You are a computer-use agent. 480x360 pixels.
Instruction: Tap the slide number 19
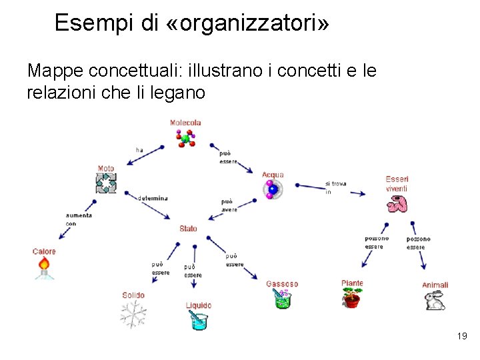click(462, 337)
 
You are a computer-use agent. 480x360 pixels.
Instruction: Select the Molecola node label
click(185, 123)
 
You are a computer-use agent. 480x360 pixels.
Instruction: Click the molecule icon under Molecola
click(185, 137)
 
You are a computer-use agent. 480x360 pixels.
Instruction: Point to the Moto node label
click(105, 169)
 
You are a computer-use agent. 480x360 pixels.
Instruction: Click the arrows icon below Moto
click(106, 183)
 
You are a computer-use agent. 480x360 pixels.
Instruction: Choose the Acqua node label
click(273, 175)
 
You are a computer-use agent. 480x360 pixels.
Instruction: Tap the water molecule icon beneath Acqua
click(272, 189)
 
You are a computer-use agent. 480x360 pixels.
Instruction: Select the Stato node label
click(188, 229)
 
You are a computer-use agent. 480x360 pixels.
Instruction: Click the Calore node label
click(44, 251)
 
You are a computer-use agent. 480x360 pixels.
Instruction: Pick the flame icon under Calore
click(44, 267)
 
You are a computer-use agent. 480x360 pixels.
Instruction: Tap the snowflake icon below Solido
click(133, 314)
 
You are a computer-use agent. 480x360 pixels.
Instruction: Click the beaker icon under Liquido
click(198, 321)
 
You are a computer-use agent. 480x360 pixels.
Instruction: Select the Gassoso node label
click(282, 284)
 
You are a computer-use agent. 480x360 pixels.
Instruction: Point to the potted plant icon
click(351, 299)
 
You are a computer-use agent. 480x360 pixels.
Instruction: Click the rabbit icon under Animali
click(435, 301)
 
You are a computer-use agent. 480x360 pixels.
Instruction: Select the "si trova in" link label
click(335, 187)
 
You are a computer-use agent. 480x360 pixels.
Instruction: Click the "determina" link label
click(153, 198)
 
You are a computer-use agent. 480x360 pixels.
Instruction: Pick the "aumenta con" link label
click(79, 219)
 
